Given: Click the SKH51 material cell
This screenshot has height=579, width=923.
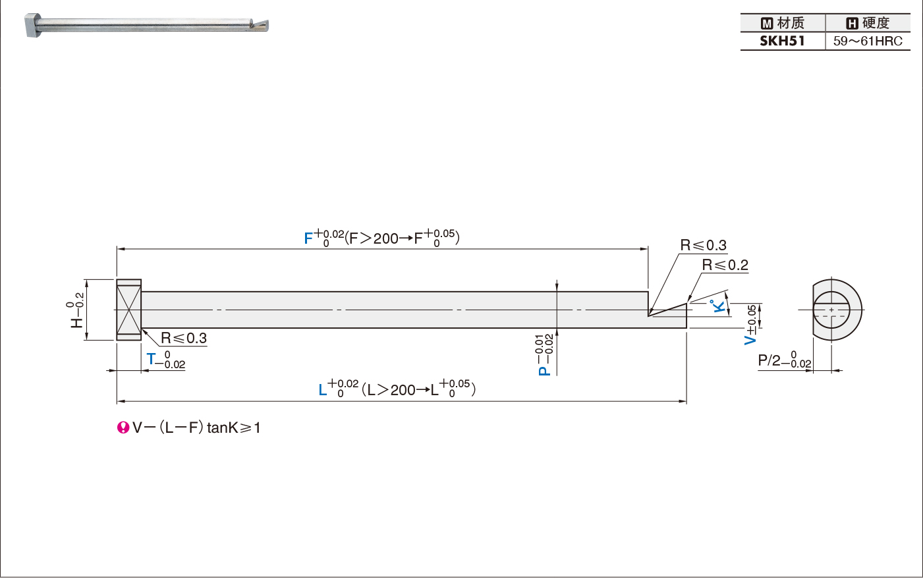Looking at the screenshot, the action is point(782,41).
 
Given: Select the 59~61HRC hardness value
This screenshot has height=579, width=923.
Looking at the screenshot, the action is point(868,41).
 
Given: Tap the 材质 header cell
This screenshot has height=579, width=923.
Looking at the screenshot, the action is point(783,23).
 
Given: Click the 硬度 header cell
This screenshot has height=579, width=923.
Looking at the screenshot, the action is point(868,23).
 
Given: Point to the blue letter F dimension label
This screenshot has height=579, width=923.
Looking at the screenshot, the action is point(308,238).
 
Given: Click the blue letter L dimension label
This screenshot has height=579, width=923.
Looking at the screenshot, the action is point(323,390).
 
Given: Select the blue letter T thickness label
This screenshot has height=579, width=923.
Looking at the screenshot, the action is point(151,359).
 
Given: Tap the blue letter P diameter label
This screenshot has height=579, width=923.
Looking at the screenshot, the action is point(544,370).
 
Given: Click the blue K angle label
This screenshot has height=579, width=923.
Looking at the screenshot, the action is point(719,306).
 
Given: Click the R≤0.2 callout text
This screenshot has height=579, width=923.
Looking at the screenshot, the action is point(725,265).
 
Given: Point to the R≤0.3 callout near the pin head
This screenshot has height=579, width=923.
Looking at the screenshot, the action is point(184,339).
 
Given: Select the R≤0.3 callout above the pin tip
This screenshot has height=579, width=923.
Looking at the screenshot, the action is point(704,245).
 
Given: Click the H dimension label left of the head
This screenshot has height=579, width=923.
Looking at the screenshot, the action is point(76,321).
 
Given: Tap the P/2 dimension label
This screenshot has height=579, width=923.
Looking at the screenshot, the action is point(769,360).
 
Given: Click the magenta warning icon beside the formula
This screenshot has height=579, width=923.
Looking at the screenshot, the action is point(123,427).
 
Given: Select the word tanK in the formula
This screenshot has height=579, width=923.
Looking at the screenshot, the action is point(223,427).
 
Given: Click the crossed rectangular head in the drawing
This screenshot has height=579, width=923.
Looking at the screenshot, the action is point(129,310).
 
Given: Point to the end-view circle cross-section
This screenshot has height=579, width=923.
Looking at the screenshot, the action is point(831,310).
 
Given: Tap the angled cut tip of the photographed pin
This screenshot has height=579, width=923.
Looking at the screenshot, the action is point(259,25).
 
